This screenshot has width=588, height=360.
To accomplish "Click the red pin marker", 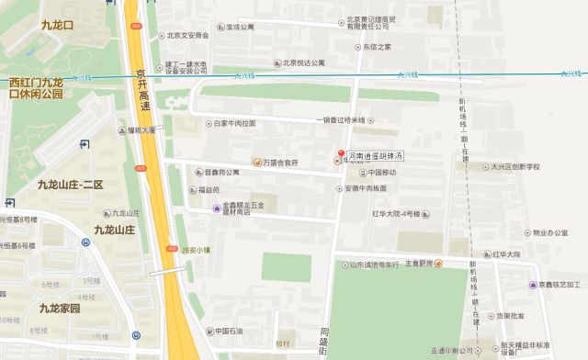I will (341, 152).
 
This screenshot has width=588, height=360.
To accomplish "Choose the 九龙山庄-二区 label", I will (70, 185).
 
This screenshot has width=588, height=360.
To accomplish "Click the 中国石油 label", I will (222, 331).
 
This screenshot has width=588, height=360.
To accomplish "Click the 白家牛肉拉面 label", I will (234, 123).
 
